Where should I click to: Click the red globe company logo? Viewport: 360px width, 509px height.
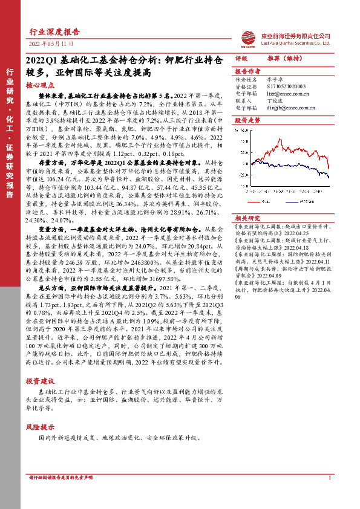point(246,38)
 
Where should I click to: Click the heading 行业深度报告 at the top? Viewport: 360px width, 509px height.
point(54,32)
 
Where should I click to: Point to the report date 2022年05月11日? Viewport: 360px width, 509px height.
point(51,45)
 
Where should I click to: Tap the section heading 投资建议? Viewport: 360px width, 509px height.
point(40,380)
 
